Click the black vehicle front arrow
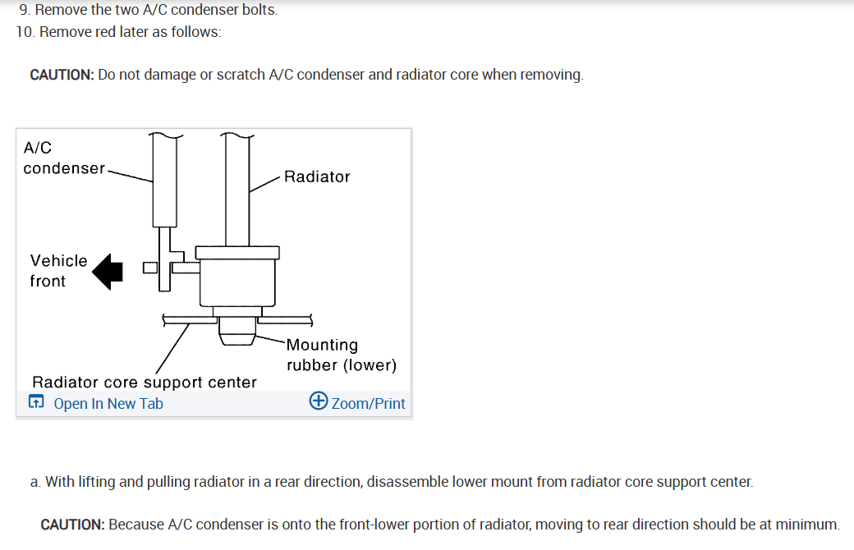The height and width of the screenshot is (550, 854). tap(108, 271)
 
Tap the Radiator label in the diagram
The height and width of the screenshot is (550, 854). tap(317, 176)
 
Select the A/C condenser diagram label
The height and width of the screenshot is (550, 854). tap(63, 158)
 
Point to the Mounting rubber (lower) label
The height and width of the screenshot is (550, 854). tap(341, 355)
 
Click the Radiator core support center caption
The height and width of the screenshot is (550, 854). tap(145, 382)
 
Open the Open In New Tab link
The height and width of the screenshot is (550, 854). tap(108, 403)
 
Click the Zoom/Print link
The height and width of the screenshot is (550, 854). tap(368, 403)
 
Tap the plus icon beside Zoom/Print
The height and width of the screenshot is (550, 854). tap(319, 401)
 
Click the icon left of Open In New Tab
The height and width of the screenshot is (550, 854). tap(36, 402)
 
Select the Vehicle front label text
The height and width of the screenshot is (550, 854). tap(58, 270)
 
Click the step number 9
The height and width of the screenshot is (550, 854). tap(24, 11)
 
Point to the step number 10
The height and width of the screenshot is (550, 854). tap(25, 32)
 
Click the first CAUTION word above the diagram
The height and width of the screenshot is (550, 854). tap(62, 75)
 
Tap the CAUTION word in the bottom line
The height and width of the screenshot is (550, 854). tap(72, 524)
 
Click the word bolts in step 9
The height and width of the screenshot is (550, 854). tap(259, 11)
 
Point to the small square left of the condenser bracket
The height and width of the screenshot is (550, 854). tap(149, 268)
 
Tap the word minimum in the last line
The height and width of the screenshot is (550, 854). tap(809, 524)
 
